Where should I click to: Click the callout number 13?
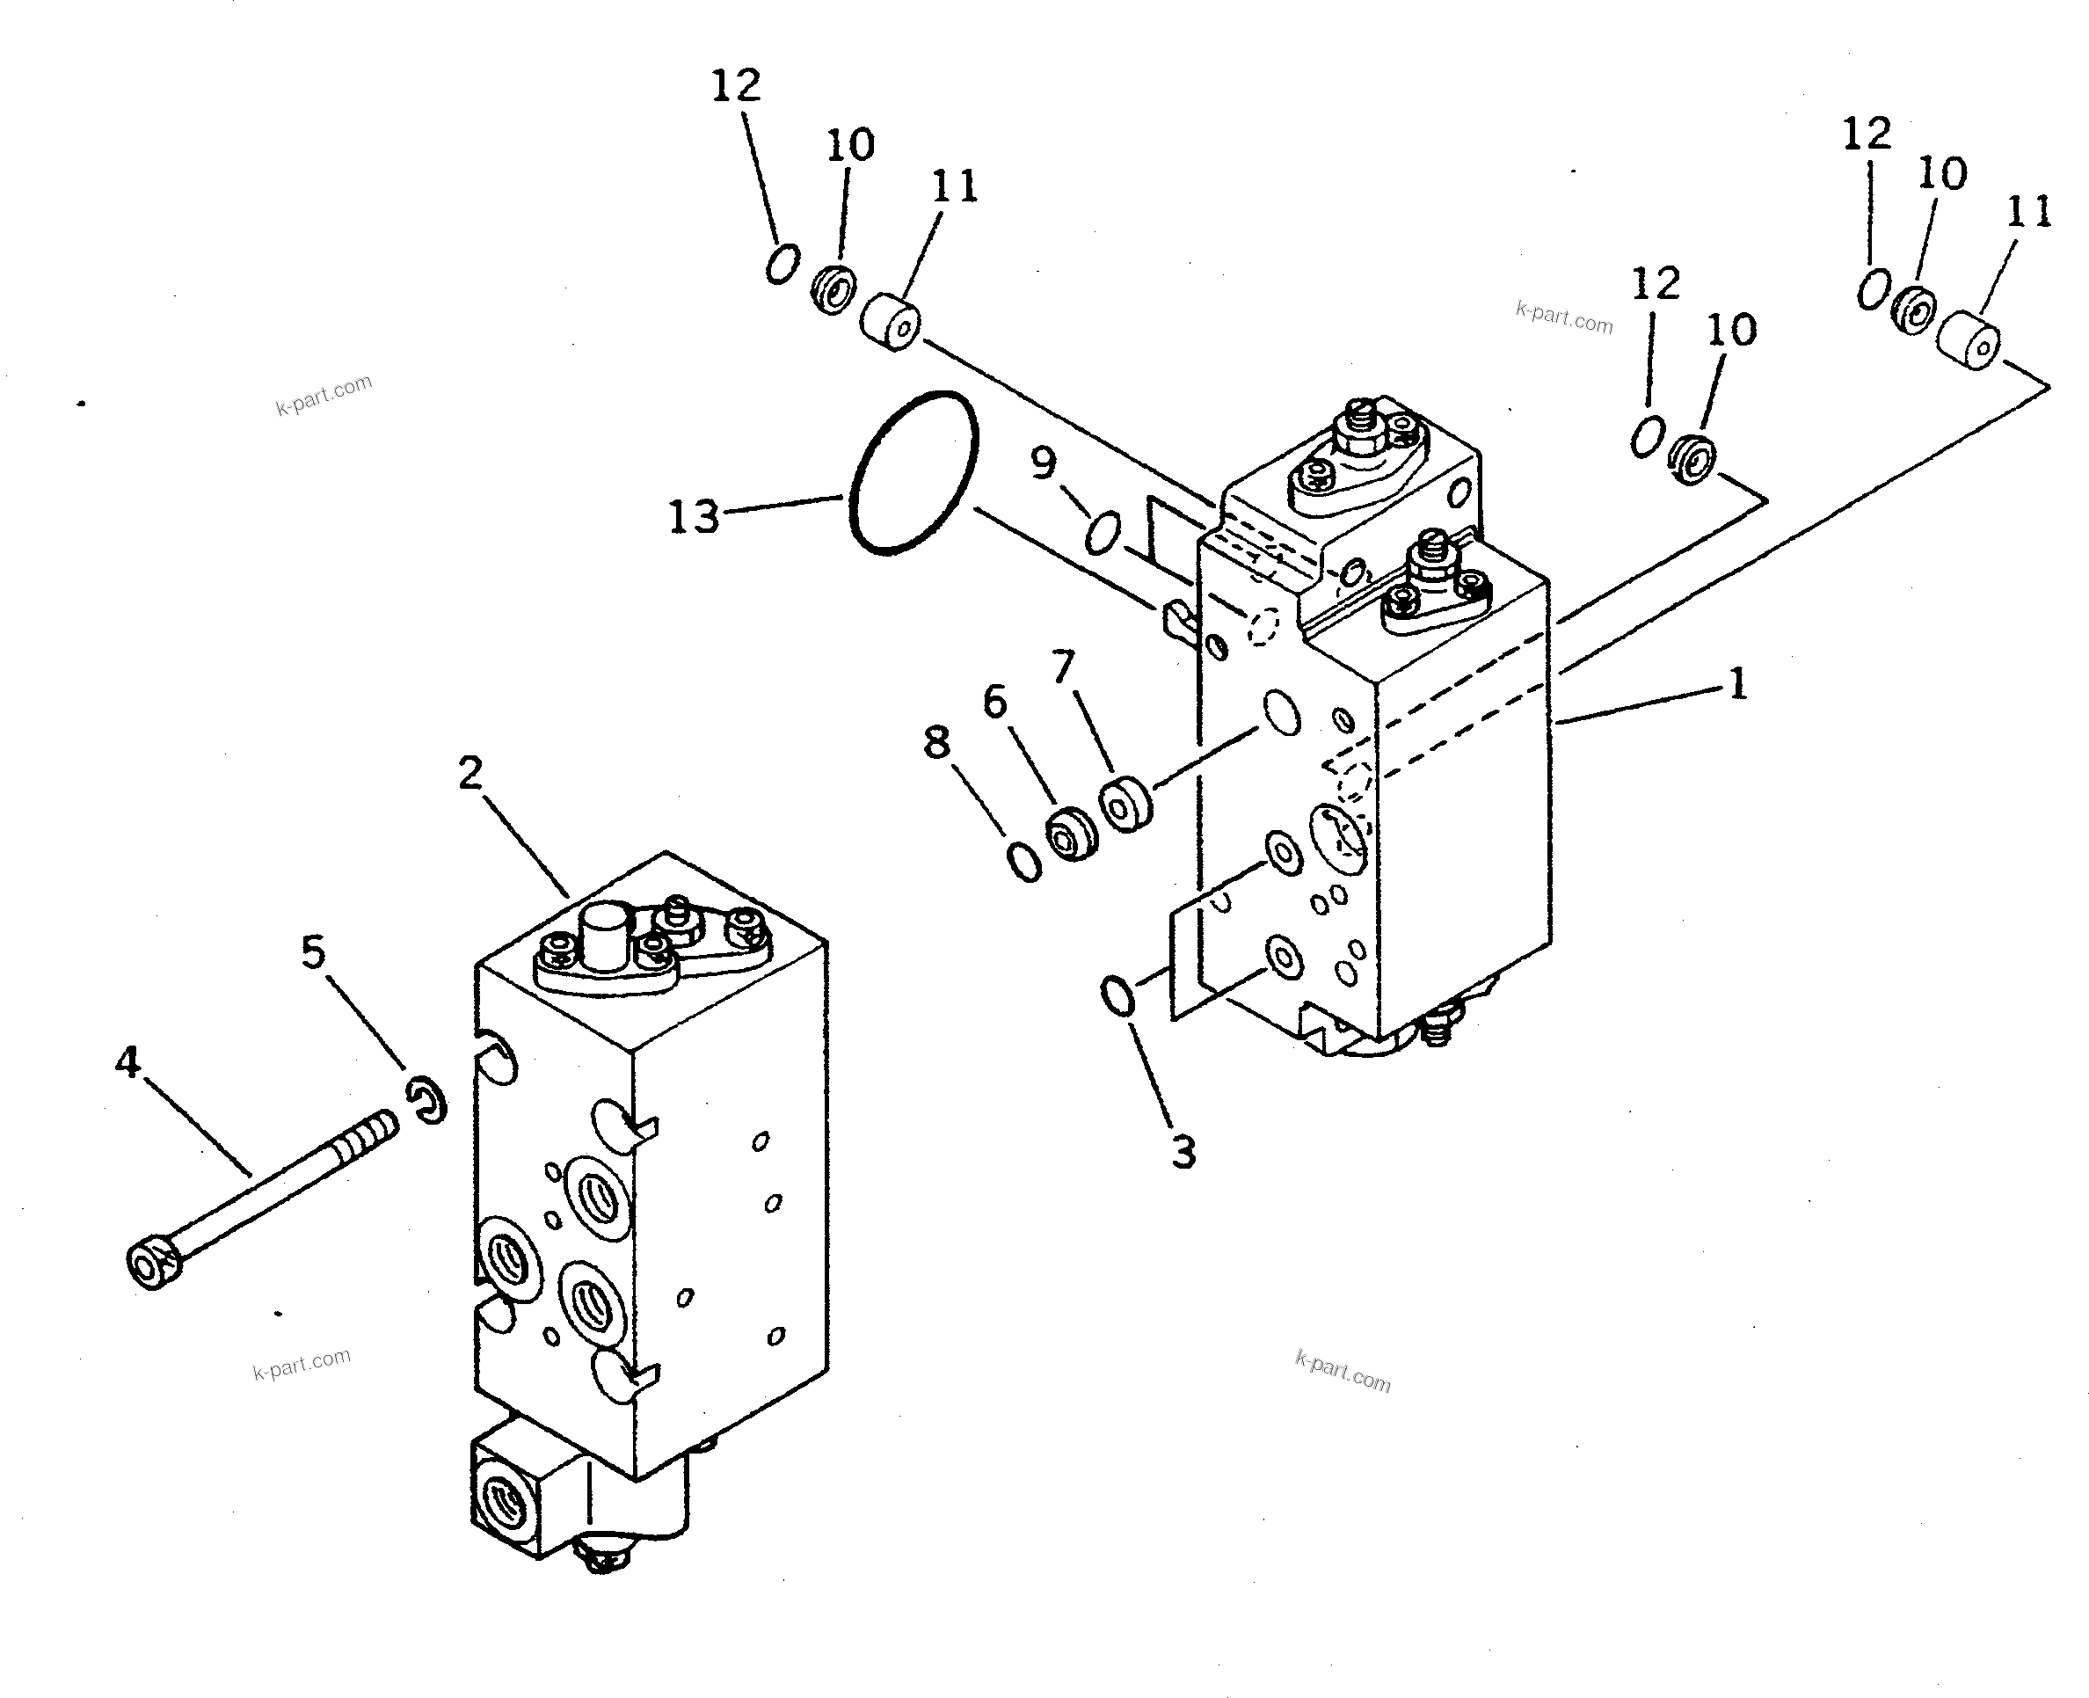[x=694, y=516]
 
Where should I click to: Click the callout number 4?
[x=127, y=1061]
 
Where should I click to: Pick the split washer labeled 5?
[x=428, y=1099]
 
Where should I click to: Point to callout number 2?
[x=470, y=774]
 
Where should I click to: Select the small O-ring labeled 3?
[x=1117, y=995]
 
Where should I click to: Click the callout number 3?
[x=1183, y=1152]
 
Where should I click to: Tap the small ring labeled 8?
[x=1024, y=861]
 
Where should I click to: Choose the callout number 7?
[x=1063, y=667]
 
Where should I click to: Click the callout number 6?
[x=994, y=702]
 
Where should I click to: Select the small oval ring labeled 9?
[x=1103, y=532]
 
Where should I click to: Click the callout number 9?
[x=1044, y=462]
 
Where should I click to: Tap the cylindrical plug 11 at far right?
[x=1969, y=339]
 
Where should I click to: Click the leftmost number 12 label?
[x=735, y=86]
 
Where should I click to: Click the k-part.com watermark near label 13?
[x=324, y=394]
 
